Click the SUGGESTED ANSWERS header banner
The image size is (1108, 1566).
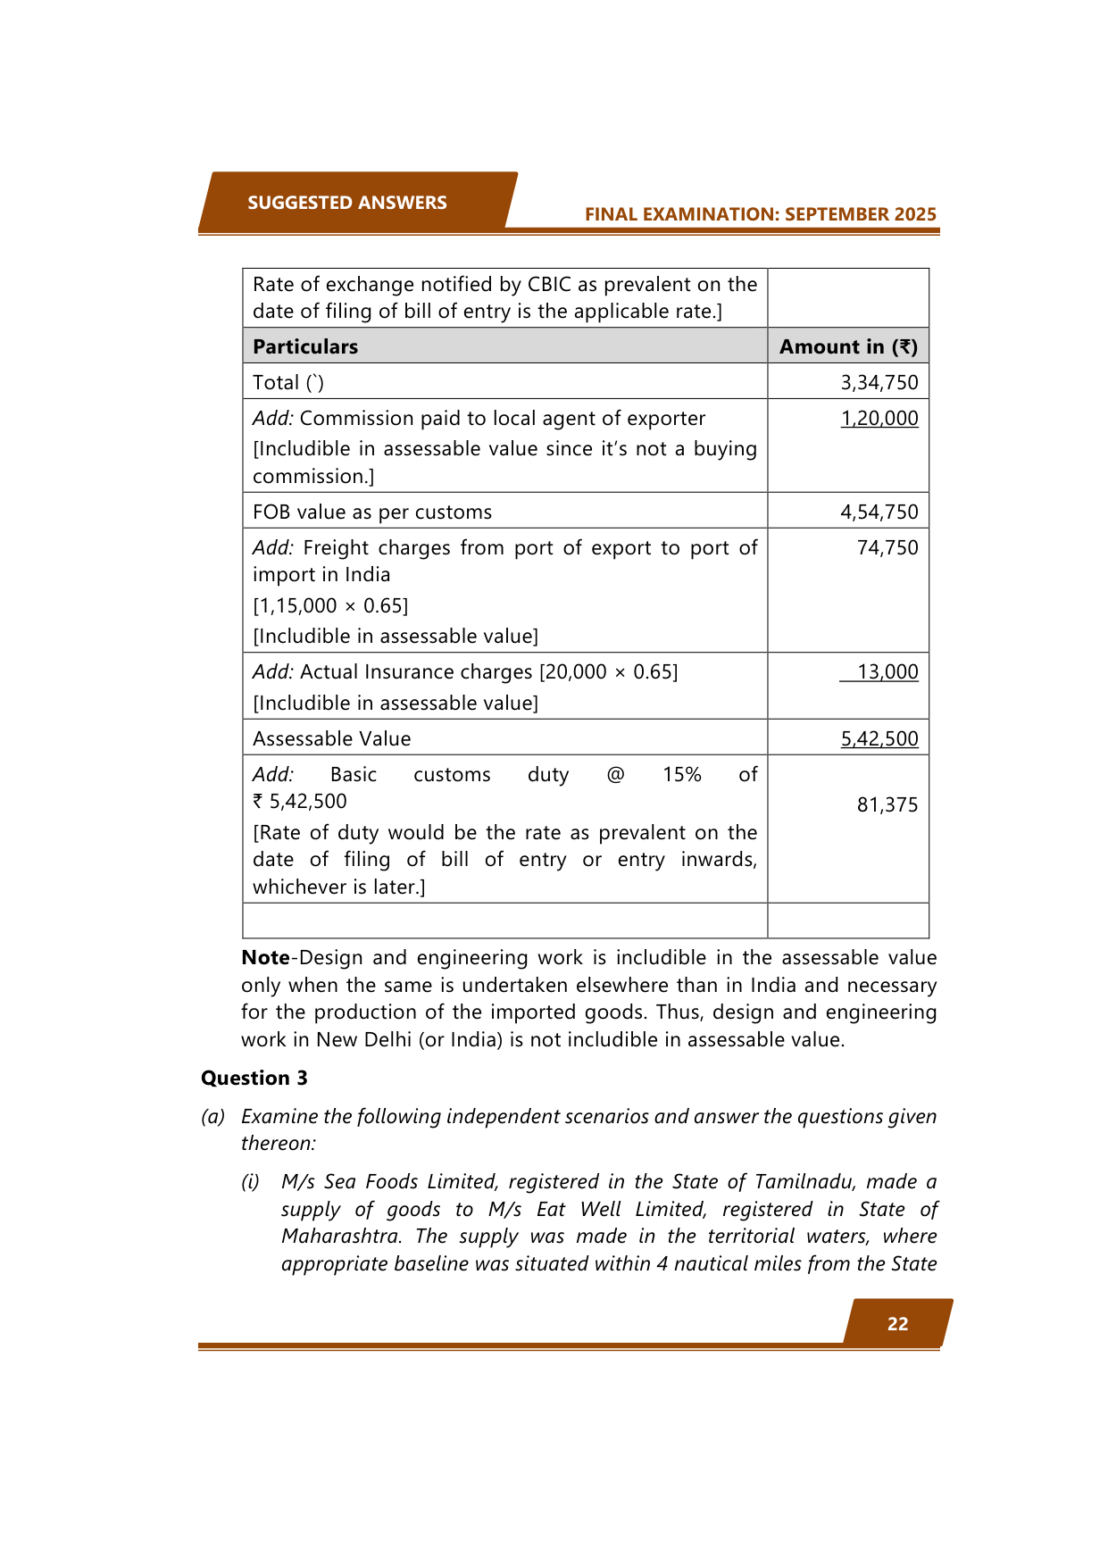346,203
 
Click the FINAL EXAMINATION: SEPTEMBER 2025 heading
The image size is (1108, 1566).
760,214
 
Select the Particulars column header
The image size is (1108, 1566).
305,346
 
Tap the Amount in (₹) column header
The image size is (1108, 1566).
847,346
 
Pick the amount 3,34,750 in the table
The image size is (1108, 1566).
879,383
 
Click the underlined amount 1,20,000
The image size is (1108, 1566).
879,419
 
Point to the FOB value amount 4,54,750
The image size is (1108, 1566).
879,512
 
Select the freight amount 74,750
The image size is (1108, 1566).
887,548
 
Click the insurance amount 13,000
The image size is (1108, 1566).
887,672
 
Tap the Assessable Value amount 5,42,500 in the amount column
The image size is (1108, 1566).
879,739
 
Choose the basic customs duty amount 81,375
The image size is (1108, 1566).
887,805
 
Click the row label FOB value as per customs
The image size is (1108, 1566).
372,512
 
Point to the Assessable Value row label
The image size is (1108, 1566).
331,739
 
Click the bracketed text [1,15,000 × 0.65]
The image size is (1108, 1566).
330,606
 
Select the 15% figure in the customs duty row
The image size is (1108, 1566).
681,775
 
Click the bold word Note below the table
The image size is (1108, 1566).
265,958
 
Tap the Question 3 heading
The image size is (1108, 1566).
254,1079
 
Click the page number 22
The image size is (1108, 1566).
897,1324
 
